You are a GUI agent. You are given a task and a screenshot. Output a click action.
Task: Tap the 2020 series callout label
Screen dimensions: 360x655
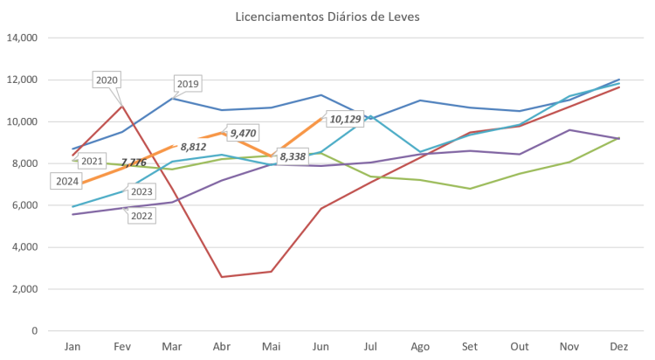[x=106, y=80]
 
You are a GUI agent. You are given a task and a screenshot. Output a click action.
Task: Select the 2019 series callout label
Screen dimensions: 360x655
[x=188, y=84]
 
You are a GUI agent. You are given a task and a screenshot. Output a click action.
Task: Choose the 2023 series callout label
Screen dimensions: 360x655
[x=141, y=191]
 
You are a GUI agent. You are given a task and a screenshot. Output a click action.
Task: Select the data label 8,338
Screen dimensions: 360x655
[x=292, y=156]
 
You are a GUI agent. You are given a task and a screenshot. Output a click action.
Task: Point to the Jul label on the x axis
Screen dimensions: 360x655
[x=371, y=346]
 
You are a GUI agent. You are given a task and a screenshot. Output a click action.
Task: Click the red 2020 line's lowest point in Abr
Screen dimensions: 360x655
[x=222, y=277]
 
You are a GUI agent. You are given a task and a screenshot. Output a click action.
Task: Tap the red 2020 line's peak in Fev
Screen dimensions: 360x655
[x=122, y=104]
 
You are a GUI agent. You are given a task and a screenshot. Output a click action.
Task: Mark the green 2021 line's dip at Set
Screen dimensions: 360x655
[x=471, y=189]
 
